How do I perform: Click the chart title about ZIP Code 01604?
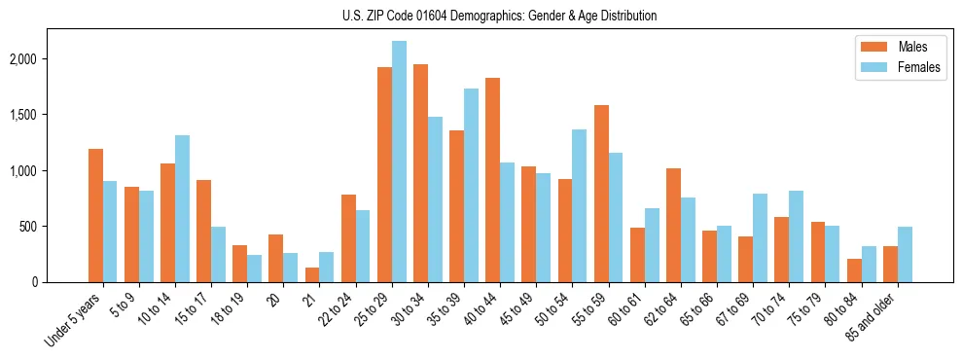tap(499, 16)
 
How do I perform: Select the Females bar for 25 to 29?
tap(399, 162)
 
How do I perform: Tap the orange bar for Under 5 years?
tap(95, 215)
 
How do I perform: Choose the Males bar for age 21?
tap(312, 274)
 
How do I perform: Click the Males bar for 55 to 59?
tap(600, 194)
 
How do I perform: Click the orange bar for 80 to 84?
tap(853, 270)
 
